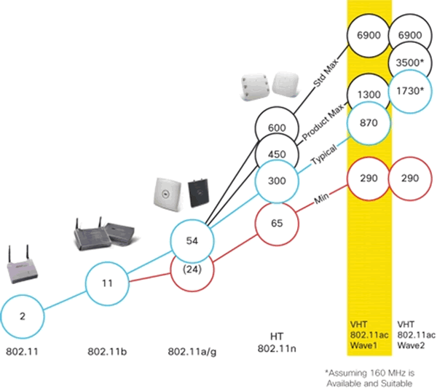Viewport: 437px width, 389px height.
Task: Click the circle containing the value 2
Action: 23,317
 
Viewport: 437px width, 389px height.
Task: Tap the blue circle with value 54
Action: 192,240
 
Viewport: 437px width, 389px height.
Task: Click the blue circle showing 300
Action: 277,180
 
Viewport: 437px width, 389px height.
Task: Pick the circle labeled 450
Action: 277,154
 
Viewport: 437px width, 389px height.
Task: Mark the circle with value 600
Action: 277,128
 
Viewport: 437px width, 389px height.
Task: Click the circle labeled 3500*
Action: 413,62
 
